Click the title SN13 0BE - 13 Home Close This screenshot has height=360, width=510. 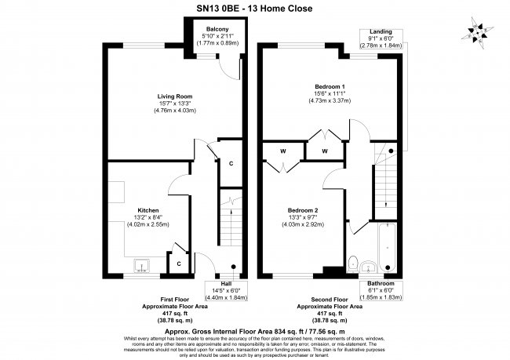(254, 8)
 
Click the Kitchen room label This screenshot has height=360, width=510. (149, 211)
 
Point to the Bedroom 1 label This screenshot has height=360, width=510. (326, 85)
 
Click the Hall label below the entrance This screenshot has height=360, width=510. (226, 284)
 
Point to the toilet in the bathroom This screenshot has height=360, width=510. (354, 261)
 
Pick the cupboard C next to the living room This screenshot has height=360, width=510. (231, 163)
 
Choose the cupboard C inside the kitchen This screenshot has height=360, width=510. (179, 264)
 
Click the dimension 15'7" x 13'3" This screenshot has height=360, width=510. (171, 104)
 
